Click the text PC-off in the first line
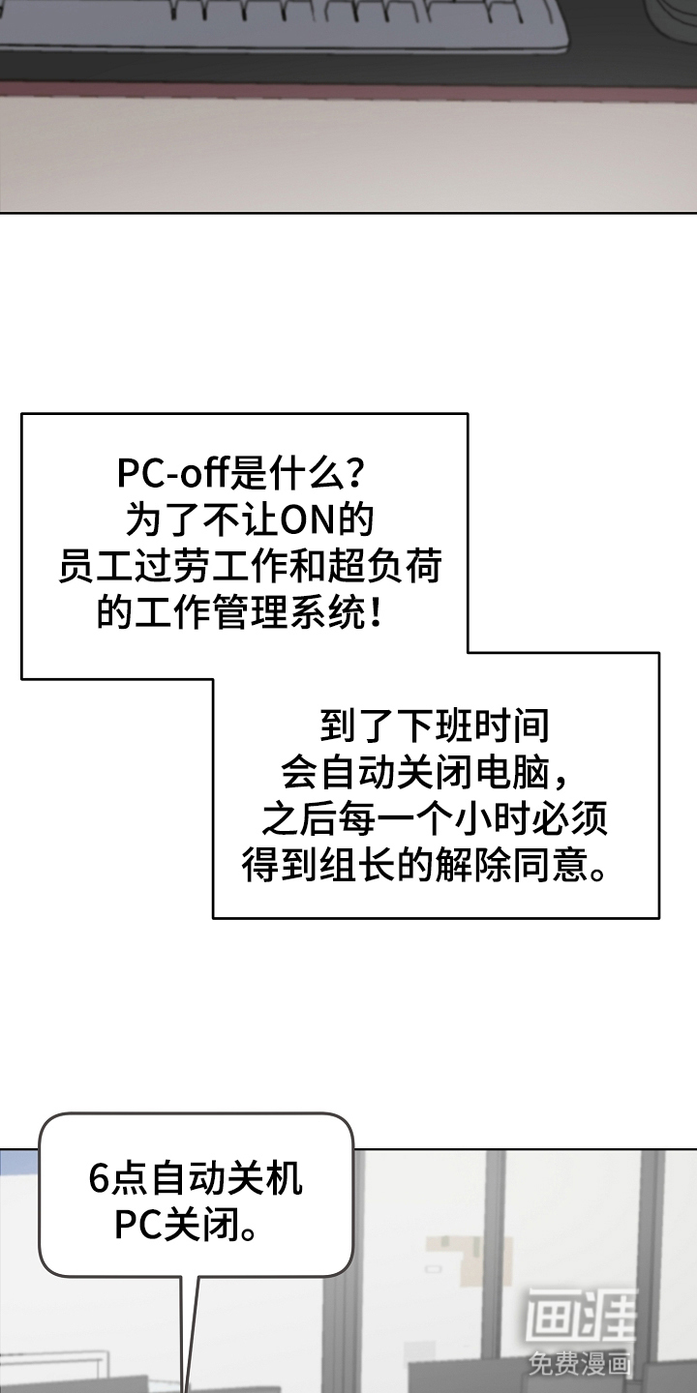click(x=170, y=475)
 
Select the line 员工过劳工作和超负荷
click(x=250, y=568)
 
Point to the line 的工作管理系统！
click(x=238, y=613)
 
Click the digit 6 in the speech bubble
click(x=97, y=1179)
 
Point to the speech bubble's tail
click(x=190, y=1335)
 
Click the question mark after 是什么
click(x=355, y=475)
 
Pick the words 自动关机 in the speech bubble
click(x=227, y=1179)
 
